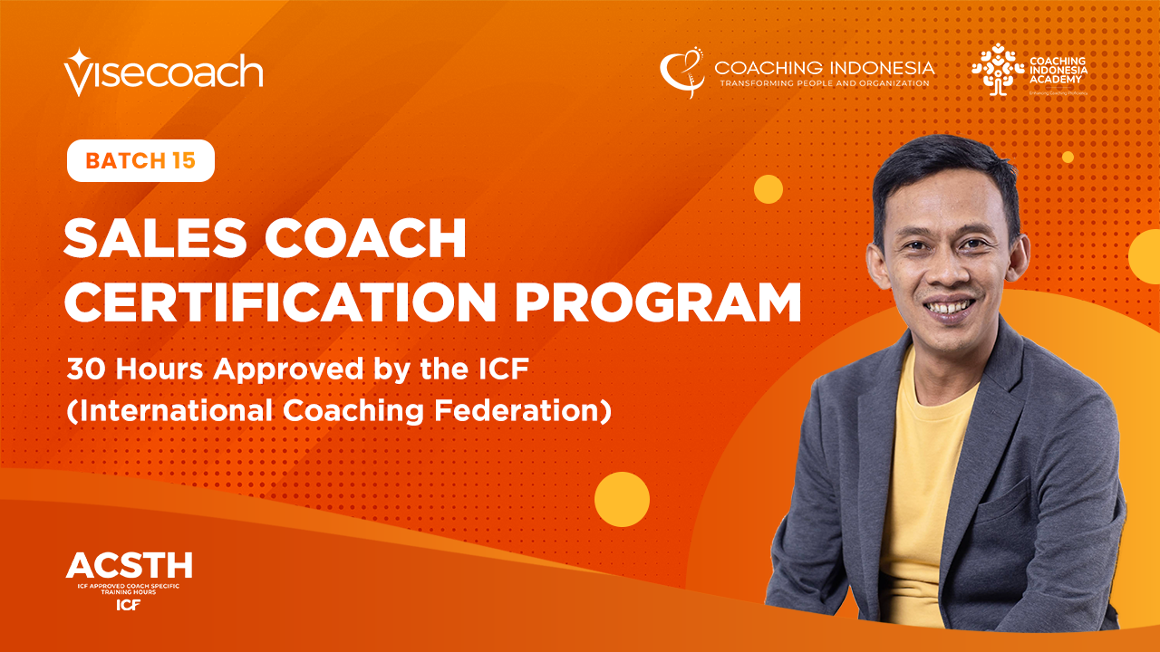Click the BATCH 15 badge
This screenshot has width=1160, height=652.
click(x=140, y=161)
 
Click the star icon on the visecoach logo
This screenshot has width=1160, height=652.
click(x=76, y=60)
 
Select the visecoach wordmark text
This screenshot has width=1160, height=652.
click(x=172, y=72)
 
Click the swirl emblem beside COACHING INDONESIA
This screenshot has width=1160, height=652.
click(x=681, y=72)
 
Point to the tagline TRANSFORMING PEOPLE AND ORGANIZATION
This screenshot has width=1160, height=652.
click(x=824, y=83)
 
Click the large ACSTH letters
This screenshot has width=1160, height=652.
click(x=129, y=566)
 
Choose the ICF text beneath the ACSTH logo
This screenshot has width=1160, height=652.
click(x=128, y=605)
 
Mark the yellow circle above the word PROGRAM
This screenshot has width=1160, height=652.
click(x=768, y=188)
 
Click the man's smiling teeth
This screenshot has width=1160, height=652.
click(x=947, y=309)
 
